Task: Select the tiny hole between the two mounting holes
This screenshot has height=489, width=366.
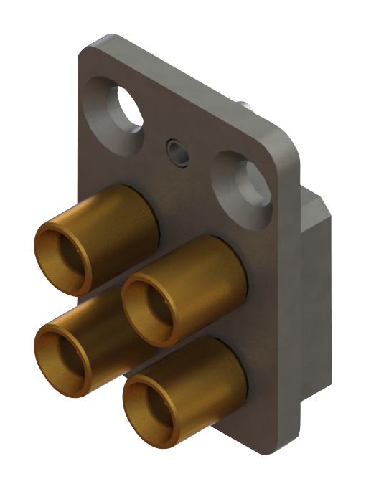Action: (177, 150)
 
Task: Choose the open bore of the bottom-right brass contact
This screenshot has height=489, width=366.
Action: (152, 403)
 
